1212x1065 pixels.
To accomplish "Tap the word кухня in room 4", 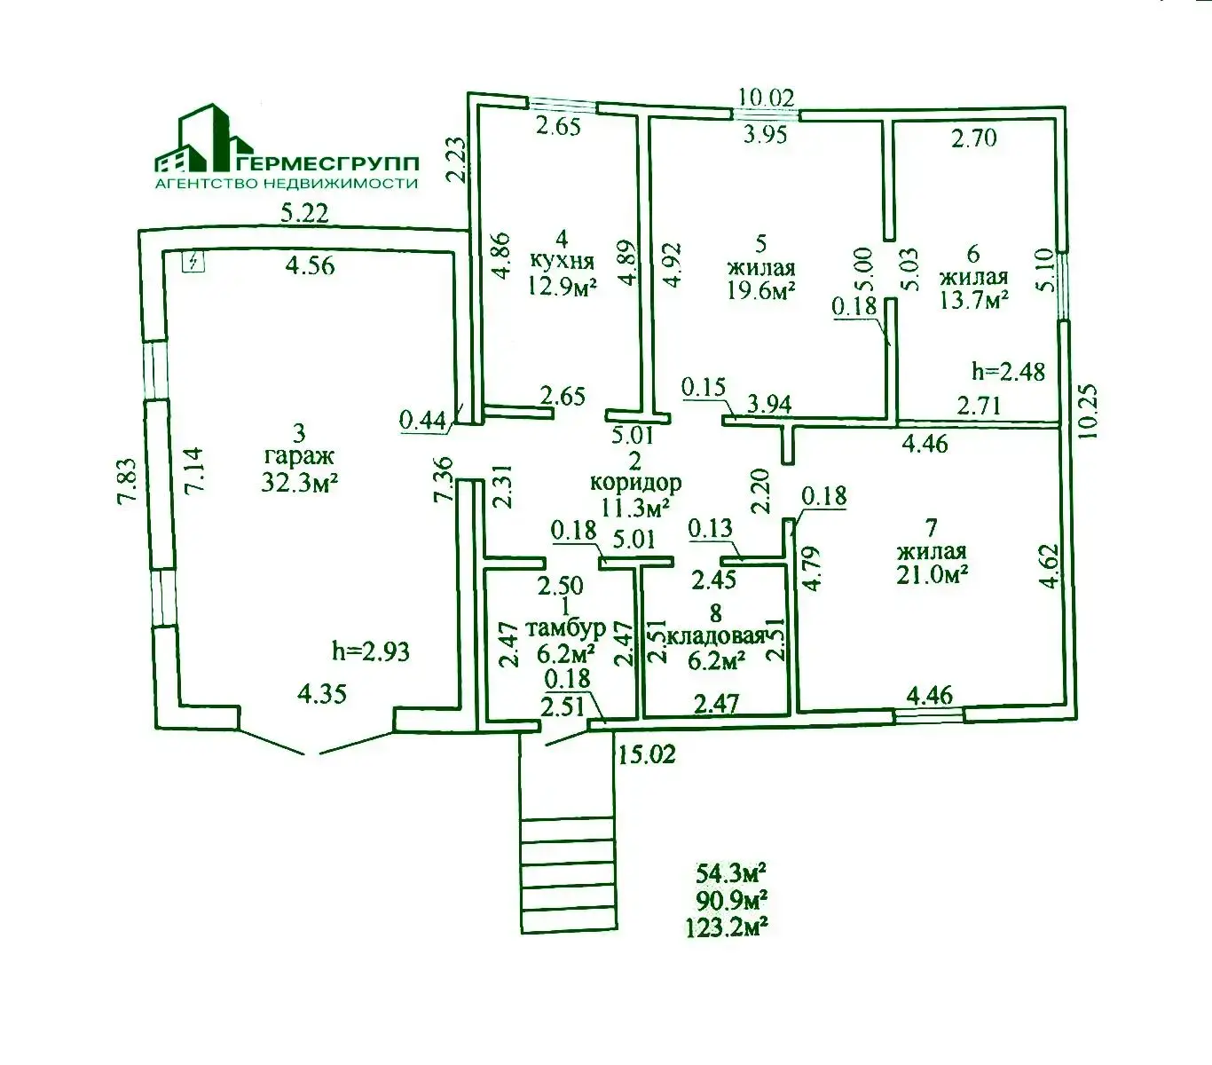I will tap(562, 262).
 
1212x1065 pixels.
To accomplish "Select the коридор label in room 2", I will tap(635, 484).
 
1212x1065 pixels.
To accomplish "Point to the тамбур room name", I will tap(565, 628).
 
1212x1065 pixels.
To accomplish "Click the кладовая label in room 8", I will tap(717, 636).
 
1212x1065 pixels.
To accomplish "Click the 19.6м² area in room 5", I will tap(760, 291).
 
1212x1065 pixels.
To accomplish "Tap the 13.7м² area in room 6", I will tap(973, 299).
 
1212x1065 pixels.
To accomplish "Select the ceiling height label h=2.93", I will tap(371, 651).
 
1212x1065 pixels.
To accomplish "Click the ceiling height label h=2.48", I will tap(1008, 371).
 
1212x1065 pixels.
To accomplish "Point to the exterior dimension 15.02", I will tap(646, 754).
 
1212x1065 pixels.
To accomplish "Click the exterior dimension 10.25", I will tap(1090, 410).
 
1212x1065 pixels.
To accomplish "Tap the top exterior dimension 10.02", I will tap(767, 97).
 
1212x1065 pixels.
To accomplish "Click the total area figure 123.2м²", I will tap(726, 928).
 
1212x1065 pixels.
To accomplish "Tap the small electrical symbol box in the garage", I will tap(193, 261).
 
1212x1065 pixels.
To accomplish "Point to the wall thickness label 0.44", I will tap(422, 420).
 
